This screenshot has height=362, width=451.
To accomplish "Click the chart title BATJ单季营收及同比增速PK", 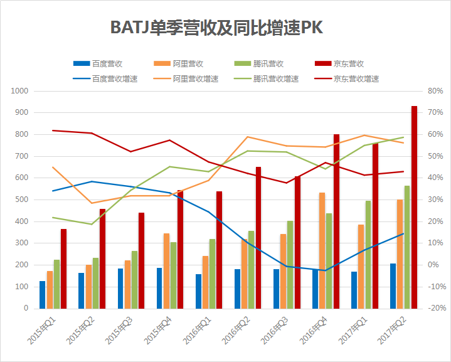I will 216,28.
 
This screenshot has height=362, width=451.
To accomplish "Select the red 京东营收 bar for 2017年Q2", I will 414,207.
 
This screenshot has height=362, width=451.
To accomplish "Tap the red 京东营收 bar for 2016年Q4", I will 336,221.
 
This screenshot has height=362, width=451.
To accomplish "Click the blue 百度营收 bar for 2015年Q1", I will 42,294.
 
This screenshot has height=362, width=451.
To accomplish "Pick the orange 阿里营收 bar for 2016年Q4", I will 322,250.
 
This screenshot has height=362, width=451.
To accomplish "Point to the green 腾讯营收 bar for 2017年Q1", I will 368,254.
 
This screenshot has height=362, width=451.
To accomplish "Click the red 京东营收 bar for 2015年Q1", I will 63,269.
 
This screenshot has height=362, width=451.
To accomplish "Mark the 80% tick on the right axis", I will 435,91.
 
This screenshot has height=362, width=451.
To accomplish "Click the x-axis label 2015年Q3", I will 119,329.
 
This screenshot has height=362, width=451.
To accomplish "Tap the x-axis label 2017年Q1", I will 352,329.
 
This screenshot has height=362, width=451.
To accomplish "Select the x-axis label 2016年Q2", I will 235,329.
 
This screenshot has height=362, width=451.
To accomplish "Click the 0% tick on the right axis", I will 433,265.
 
